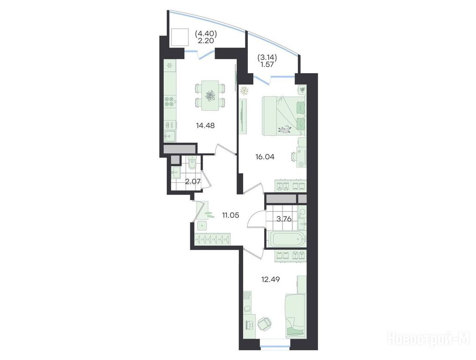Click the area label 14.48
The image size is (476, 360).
pyautogui.click(x=206, y=125)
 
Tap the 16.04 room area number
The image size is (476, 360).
pyautogui.click(x=265, y=157)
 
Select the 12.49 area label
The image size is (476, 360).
pyautogui.click(x=270, y=279)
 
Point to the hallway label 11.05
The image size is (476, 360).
pyautogui.click(x=231, y=216)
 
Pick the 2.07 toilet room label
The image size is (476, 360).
pyautogui.click(x=193, y=182)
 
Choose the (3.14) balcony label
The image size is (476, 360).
pyautogui.click(x=268, y=57)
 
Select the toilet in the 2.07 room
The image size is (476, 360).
pyautogui.click(x=192, y=165)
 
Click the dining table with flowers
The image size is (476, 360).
pyautogui.click(x=210, y=96)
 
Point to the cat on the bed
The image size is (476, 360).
pyautogui.click(x=285, y=130)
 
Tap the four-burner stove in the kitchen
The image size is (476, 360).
pyautogui.click(x=170, y=101)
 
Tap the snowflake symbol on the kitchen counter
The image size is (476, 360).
pyautogui.click(x=170, y=65)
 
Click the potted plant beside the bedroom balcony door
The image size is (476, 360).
pyautogui.click(x=245, y=91)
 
